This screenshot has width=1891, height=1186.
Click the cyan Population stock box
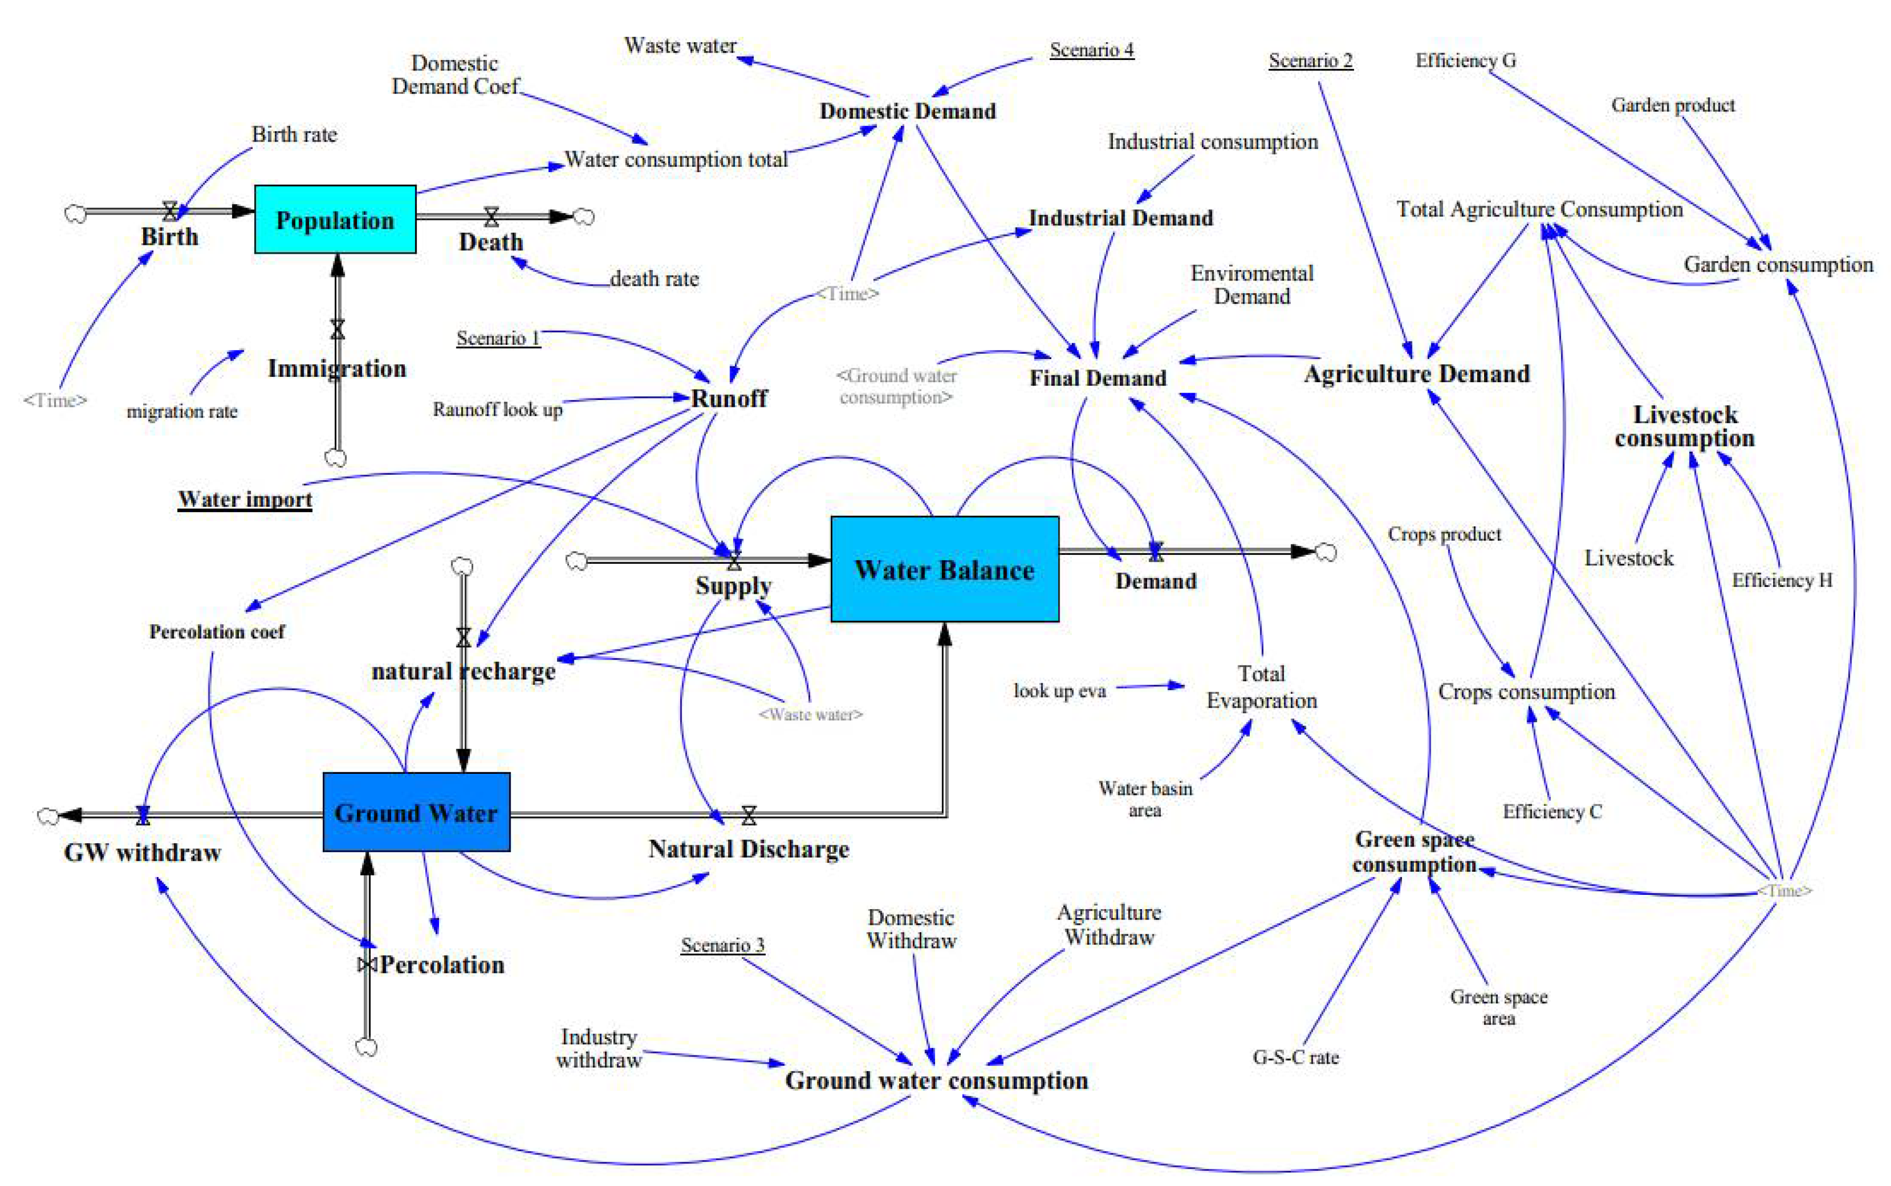click(x=335, y=219)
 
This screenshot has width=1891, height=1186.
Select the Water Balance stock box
click(x=944, y=569)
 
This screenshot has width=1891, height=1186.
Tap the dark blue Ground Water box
click(x=416, y=812)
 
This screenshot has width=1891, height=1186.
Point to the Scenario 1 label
click(x=498, y=338)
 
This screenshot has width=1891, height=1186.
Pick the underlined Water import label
click(x=245, y=500)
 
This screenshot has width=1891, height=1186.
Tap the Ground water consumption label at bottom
click(x=937, y=1080)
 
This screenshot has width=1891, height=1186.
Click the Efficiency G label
click(x=1465, y=61)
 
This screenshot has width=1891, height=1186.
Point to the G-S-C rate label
click(x=1296, y=1058)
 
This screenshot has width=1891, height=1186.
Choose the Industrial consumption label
click(x=1212, y=142)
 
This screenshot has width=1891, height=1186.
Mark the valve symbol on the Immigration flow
click(x=337, y=330)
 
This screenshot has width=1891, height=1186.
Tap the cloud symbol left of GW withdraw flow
click(x=48, y=816)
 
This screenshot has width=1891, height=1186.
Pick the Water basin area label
click(x=1145, y=799)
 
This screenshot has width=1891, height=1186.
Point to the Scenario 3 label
click(x=722, y=945)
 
